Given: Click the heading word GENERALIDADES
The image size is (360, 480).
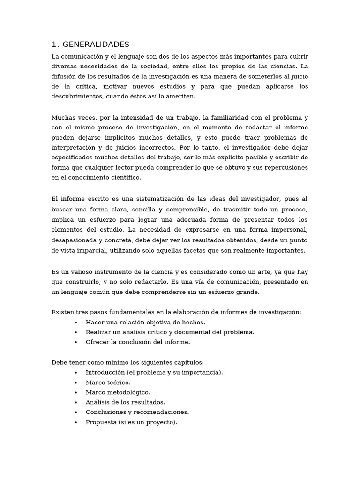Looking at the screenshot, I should (96, 45).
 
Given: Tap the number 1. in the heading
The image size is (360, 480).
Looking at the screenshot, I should (55, 45).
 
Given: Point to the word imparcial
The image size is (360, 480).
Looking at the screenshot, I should (93, 250).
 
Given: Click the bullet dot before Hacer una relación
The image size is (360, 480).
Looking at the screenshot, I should (76, 322).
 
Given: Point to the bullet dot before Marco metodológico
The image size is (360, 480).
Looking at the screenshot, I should (76, 392).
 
